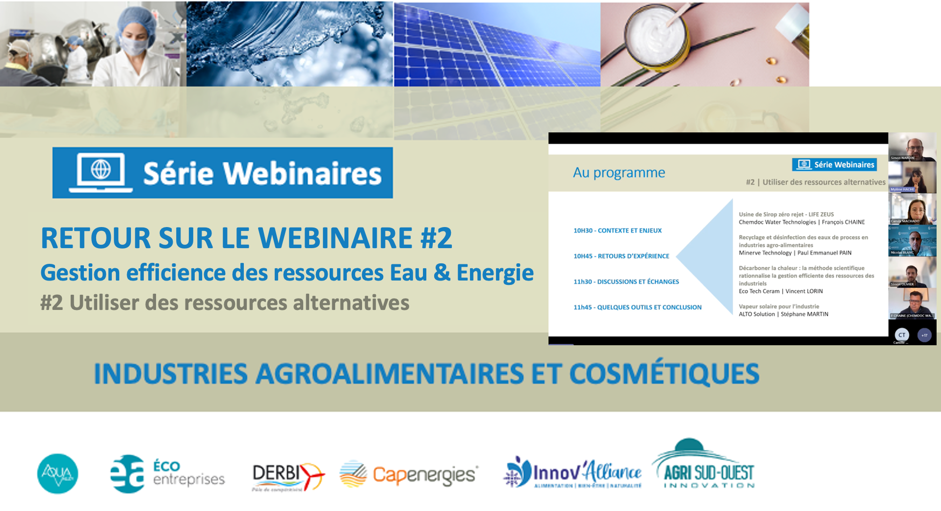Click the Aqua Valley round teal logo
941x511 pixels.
[x=57, y=473]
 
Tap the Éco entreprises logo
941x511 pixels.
[x=167, y=473]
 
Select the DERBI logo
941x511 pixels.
[x=288, y=475]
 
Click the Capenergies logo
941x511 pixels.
[x=408, y=474]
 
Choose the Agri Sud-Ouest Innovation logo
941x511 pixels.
[x=704, y=466]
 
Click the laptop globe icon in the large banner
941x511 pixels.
[x=101, y=172]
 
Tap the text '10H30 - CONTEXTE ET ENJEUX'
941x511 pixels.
[x=617, y=230]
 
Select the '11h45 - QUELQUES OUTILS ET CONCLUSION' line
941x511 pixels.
[x=637, y=307]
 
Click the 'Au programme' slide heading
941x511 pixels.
[x=619, y=173]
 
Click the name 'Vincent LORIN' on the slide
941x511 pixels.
[x=804, y=291]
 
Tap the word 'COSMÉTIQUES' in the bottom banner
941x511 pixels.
[x=664, y=374]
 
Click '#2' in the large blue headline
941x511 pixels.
[x=436, y=238]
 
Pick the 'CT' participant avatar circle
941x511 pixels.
[x=902, y=335]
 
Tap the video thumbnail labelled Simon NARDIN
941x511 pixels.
[x=913, y=147]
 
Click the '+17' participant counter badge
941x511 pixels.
[x=924, y=335]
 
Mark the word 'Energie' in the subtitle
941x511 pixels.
[x=495, y=273]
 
